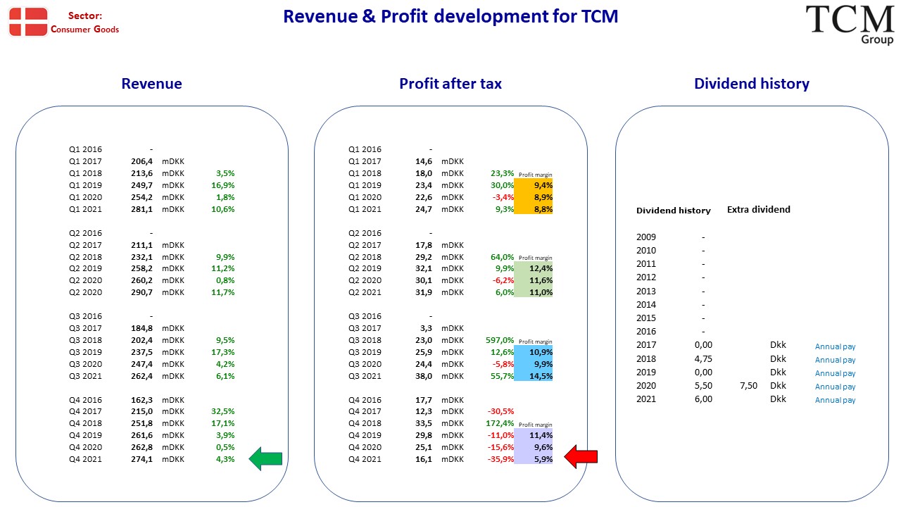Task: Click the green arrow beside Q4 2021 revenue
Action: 265,458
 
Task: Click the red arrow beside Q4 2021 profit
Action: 581,457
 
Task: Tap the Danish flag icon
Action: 28,22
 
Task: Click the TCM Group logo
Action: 850,24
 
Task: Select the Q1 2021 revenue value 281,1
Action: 141,209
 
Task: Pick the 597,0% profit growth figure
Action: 500,340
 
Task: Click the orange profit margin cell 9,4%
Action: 534,185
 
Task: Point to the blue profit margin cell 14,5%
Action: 534,376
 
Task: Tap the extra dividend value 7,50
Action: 748,385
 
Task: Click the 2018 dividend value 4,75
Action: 703,358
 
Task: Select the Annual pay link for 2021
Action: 835,400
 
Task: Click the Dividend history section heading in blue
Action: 751,84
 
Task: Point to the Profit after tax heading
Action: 450,84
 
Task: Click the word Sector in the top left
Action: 85,15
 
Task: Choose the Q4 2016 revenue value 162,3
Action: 141,400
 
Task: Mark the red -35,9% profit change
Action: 500,459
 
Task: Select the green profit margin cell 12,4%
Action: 534,268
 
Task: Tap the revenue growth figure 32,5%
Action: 223,411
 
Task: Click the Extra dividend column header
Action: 759,209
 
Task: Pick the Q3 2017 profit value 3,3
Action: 427,328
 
